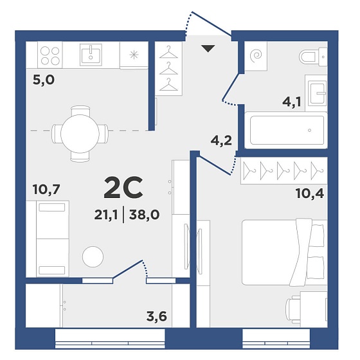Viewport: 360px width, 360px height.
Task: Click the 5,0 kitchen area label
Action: click(x=44, y=80)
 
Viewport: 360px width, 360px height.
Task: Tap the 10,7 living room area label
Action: click(x=46, y=190)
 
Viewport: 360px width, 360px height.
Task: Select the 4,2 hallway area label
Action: click(x=221, y=141)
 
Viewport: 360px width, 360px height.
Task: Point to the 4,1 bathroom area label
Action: click(x=292, y=102)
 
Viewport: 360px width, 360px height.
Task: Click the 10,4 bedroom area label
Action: click(x=310, y=194)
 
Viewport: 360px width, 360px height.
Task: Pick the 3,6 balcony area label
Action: click(x=157, y=316)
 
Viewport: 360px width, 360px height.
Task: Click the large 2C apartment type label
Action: click(x=123, y=188)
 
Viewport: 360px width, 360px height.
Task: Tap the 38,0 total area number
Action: click(x=145, y=215)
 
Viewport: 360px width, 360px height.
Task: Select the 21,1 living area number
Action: click(x=106, y=215)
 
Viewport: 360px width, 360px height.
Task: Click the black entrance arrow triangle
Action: click(x=208, y=48)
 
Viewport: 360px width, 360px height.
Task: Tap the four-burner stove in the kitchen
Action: click(x=50, y=55)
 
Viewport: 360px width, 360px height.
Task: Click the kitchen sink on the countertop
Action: click(x=91, y=55)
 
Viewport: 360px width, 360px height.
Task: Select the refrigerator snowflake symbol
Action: click(x=134, y=55)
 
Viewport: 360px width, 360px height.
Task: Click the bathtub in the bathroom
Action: click(x=286, y=130)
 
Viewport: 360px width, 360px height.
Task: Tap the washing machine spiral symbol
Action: click(x=256, y=56)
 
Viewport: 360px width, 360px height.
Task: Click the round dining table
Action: click(x=80, y=134)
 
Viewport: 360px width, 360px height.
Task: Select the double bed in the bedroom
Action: click(x=285, y=253)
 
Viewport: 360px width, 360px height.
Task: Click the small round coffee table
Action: click(x=93, y=256)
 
